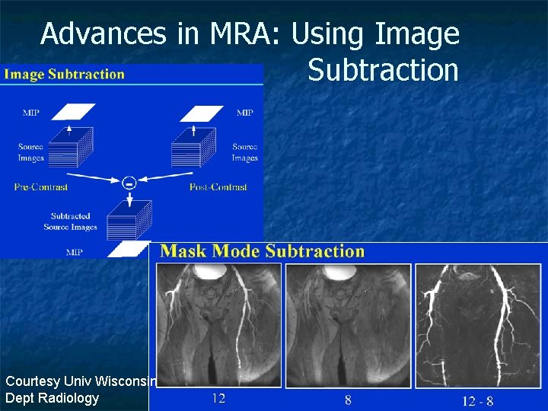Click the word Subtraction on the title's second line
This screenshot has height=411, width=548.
383,70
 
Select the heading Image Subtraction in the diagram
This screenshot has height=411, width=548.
64,75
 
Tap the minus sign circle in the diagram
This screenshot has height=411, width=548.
129,182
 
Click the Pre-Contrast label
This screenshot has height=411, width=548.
41,187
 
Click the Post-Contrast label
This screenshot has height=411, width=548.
218,187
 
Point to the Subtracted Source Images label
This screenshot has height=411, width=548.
70,221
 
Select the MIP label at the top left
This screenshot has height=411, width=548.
31,113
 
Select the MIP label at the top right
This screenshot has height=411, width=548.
244,113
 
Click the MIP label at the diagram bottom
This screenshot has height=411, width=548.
74,251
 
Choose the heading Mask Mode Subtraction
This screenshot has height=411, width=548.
263,251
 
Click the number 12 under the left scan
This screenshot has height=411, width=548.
218,397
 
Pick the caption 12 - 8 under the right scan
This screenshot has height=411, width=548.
477,399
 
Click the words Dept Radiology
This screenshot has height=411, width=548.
52,398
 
